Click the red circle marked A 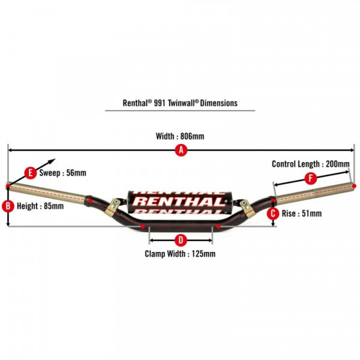pyautogui.click(x=179, y=151)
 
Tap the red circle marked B pyautogui.click(x=8, y=206)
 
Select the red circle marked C pyautogui.click(x=273, y=213)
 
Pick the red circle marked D pyautogui.click(x=179, y=240)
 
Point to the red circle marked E pyautogui.click(x=31, y=173)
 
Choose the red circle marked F pyautogui.click(x=310, y=178)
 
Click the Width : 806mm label pyautogui.click(x=180, y=136)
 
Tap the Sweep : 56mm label pyautogui.click(x=62, y=173)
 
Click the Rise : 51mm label pyautogui.click(x=302, y=213)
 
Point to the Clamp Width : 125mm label pyautogui.click(x=180, y=254)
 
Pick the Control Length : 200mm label pyautogui.click(x=311, y=163)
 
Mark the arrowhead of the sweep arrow pyautogui.click(x=54, y=160)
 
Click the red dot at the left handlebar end pyautogui.click(x=8, y=185)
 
